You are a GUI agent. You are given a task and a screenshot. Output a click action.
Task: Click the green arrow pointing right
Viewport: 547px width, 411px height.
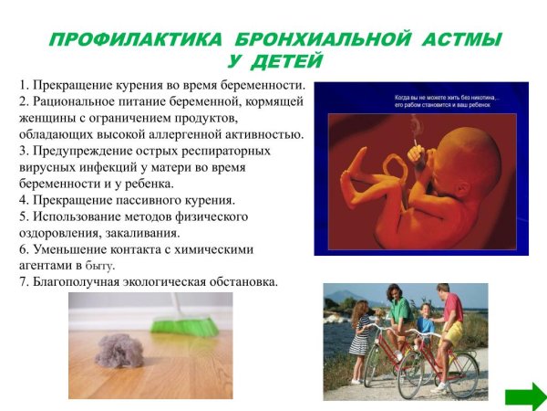point(525,395)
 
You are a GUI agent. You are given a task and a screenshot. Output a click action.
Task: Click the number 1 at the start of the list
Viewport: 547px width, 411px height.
point(22,86)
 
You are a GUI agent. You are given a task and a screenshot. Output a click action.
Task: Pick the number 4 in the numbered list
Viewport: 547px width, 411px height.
point(22,200)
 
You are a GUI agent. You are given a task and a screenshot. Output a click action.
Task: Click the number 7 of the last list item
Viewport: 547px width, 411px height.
point(22,281)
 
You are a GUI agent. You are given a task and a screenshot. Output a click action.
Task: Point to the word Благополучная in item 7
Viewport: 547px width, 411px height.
point(80,281)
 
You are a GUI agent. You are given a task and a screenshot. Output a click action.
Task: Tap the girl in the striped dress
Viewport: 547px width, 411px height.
point(360,338)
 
